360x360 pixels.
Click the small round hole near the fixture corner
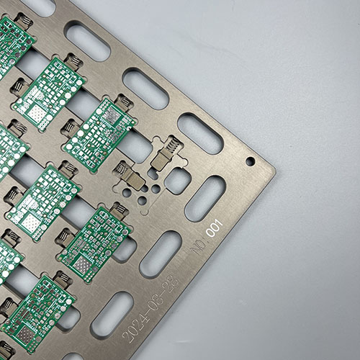(251, 161)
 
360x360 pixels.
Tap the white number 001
(215, 228)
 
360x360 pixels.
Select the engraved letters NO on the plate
(198, 246)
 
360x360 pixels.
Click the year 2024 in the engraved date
(136, 326)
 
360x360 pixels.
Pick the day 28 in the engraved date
(172, 282)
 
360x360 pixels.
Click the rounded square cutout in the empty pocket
(177, 181)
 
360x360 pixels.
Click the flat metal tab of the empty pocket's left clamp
(135, 180)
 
